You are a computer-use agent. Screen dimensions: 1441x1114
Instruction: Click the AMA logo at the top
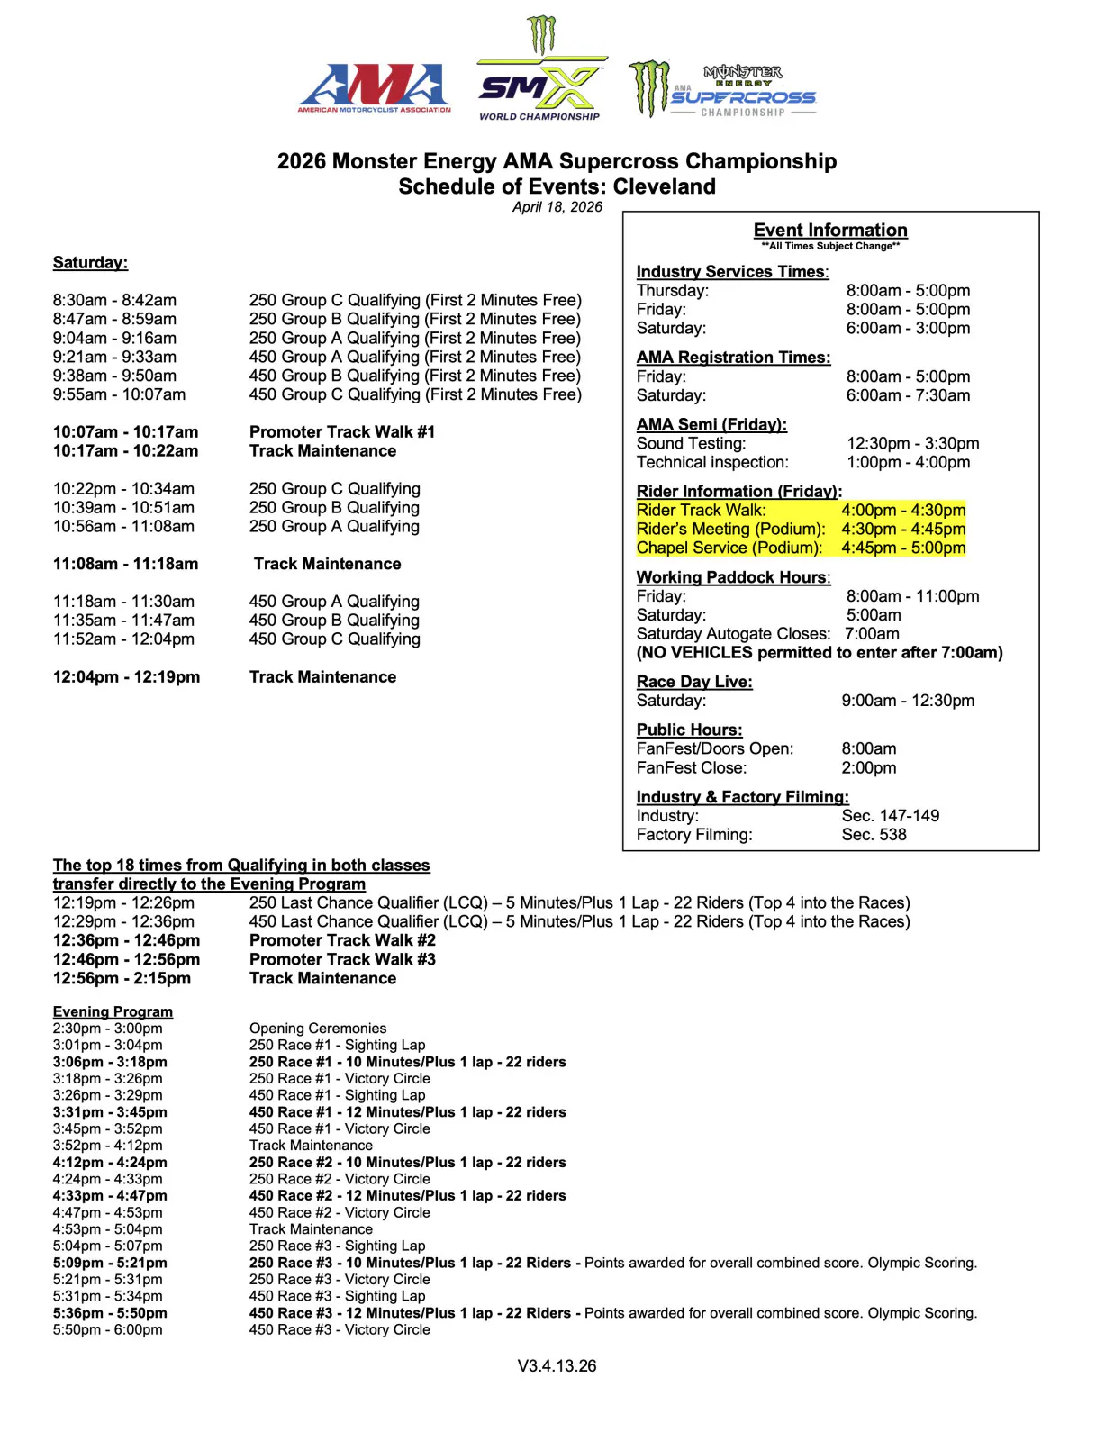coord(374,87)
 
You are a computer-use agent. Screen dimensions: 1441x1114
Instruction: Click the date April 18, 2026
coord(557,207)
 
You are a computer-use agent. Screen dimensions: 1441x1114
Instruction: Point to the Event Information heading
coord(830,231)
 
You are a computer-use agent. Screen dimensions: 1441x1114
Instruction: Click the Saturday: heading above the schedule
coord(90,263)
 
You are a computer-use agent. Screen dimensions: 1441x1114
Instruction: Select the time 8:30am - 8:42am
coord(114,300)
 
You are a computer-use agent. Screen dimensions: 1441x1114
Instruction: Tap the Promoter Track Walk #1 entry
coord(342,432)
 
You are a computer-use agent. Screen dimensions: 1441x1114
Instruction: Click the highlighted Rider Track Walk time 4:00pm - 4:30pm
coord(903,510)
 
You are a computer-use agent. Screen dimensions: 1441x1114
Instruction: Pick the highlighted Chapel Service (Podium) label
coord(729,548)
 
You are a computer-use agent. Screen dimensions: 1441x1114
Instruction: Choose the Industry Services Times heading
coord(732,272)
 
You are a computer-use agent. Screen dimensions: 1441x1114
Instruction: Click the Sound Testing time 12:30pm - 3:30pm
coord(913,443)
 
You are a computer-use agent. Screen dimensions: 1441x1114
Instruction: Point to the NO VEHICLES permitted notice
coord(820,653)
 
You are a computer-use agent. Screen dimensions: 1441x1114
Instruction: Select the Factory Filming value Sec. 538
coord(874,835)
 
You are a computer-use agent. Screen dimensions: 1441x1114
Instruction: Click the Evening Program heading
coord(113,1011)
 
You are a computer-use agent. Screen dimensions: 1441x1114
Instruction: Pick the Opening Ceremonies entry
coord(318,1029)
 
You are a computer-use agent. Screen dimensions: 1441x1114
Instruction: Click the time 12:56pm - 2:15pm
coord(122,978)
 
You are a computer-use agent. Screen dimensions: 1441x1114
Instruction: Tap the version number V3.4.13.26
coord(557,1366)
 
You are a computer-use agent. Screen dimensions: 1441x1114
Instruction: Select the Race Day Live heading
coord(694,682)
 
